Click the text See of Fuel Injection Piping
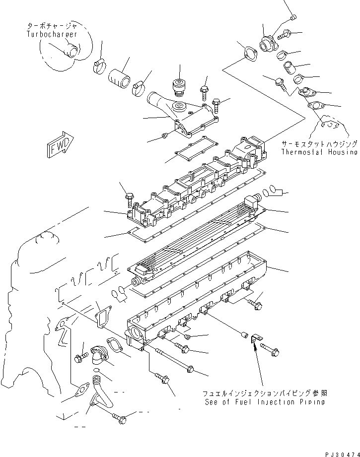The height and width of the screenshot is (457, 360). click(265, 402)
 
